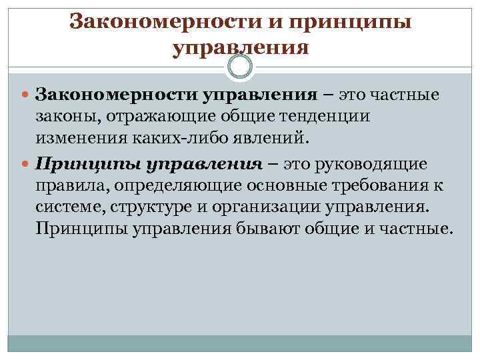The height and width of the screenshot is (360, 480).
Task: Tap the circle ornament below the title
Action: pyautogui.click(x=240, y=67)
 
